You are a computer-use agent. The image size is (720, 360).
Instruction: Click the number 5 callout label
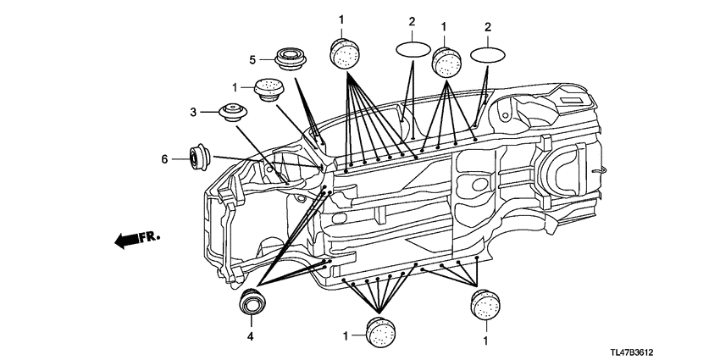click(x=252, y=59)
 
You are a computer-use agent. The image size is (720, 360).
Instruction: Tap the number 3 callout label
click(x=193, y=112)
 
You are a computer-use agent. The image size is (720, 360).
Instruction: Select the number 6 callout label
click(x=164, y=159)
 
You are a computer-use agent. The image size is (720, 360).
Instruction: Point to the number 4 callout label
click(x=250, y=336)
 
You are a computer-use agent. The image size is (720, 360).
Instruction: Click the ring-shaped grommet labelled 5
click(x=291, y=58)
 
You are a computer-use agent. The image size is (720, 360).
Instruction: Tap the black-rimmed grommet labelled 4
click(x=252, y=302)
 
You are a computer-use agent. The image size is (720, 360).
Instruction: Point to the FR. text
click(x=150, y=237)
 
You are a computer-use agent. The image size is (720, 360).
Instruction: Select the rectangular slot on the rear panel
click(x=572, y=100)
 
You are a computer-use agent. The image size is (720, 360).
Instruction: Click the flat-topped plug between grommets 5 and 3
click(x=269, y=89)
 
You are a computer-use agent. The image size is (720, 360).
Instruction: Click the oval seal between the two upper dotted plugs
click(x=413, y=49)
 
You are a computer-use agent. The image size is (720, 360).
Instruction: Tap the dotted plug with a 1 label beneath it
click(x=485, y=304)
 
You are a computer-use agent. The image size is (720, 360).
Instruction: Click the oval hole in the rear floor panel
click(x=480, y=185)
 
